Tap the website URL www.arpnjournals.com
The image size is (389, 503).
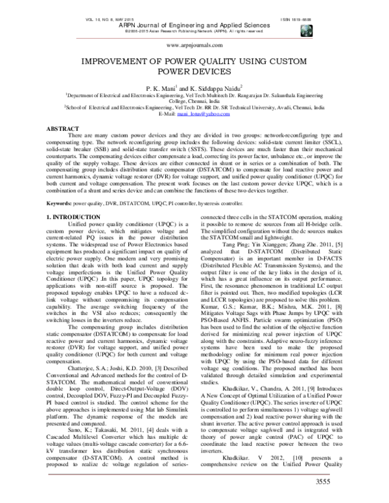(x=194, y=47)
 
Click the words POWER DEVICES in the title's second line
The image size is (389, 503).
(x=194, y=71)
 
